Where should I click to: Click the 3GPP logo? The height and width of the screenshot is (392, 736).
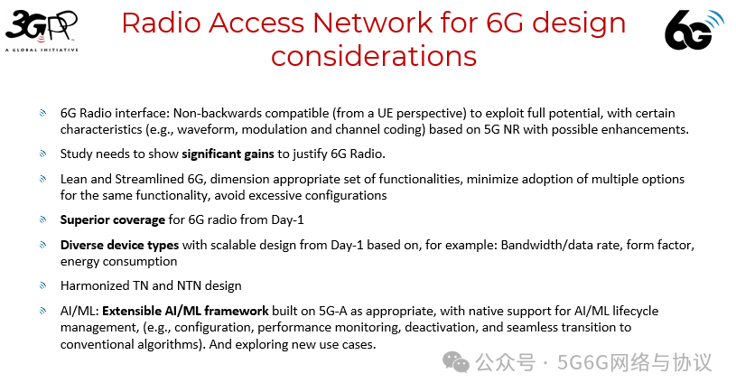click(42, 31)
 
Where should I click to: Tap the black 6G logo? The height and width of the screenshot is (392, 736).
click(694, 30)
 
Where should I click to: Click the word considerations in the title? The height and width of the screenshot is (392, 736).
click(374, 56)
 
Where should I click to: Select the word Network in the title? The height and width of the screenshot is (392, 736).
click(373, 23)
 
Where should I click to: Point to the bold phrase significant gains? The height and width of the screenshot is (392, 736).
click(228, 154)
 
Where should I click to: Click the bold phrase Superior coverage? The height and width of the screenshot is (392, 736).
click(113, 219)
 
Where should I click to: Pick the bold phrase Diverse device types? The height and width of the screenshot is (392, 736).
click(119, 245)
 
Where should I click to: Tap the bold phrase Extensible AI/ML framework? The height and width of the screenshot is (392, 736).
click(185, 311)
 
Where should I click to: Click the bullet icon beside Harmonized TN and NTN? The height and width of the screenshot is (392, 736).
click(42, 285)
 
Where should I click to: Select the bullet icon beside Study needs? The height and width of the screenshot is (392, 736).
click(42, 154)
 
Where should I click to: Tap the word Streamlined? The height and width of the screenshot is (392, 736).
click(149, 179)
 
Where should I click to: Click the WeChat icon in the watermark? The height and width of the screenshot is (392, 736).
click(455, 362)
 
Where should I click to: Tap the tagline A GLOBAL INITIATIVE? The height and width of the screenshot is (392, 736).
click(42, 50)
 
